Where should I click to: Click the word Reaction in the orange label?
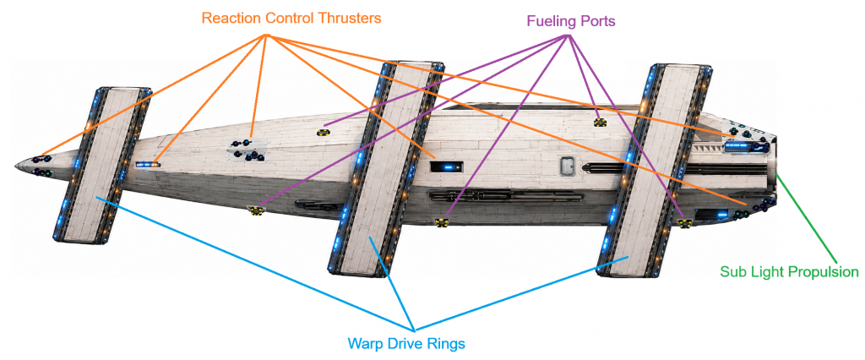(x=226, y=19)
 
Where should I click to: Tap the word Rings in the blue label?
(x=448, y=344)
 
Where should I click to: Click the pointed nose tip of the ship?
(x=15, y=165)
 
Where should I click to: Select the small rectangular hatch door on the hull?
(x=568, y=166)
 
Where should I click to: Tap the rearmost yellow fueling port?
(x=684, y=223)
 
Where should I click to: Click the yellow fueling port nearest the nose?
(x=254, y=210)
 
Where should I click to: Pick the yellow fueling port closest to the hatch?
(x=601, y=122)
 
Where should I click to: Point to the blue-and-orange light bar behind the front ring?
(x=148, y=164)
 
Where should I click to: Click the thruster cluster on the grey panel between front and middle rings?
(x=248, y=150)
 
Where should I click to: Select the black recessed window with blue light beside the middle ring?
(x=446, y=166)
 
